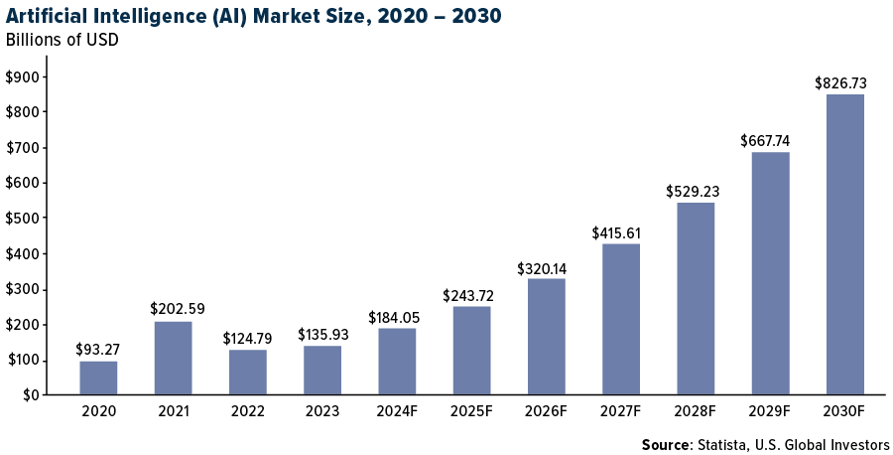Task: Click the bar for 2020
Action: coord(98,378)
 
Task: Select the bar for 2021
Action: coord(173,358)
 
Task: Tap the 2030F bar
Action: coord(844,244)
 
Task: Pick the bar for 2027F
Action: coord(621,319)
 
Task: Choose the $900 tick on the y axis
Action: coord(23,77)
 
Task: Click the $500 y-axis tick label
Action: coord(23,219)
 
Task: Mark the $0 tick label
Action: coord(31,395)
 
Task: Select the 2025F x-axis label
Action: coord(472,410)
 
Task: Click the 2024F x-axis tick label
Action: coord(397,410)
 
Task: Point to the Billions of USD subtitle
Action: coord(63,41)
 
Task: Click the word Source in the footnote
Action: coord(666,444)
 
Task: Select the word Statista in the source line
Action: coord(728,444)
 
